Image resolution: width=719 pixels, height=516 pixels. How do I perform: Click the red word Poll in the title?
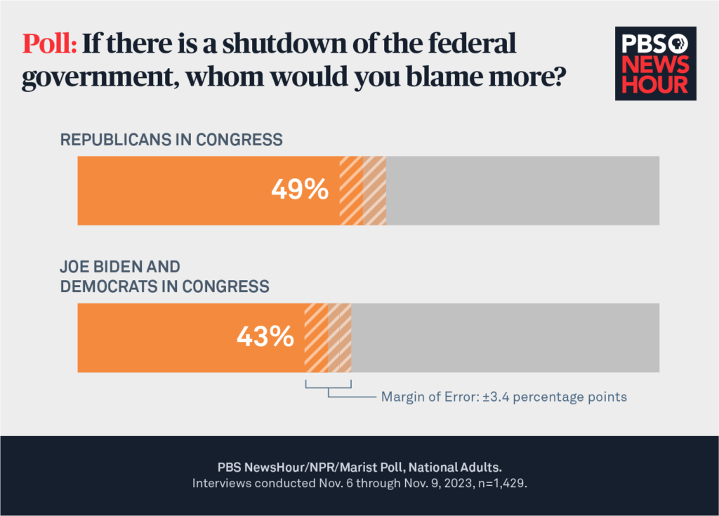pyautogui.click(x=49, y=45)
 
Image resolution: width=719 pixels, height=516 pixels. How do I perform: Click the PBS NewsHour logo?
pyautogui.click(x=655, y=64)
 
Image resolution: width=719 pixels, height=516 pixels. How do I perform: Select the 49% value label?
pyautogui.click(x=300, y=190)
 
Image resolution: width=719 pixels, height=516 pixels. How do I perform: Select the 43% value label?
pyautogui.click(x=265, y=338)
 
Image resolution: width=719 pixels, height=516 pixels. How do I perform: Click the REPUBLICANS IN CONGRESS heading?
pyautogui.click(x=171, y=140)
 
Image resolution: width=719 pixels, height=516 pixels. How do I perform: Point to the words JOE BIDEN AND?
pyautogui.click(x=120, y=267)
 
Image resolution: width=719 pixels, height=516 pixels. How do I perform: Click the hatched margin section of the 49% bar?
pyautogui.click(x=363, y=190)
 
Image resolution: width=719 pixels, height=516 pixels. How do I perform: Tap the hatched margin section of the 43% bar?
pyautogui.click(x=327, y=338)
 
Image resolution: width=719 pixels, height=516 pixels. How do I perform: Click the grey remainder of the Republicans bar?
pyautogui.click(x=522, y=190)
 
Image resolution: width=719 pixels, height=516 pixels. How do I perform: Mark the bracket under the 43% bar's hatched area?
pyautogui.click(x=328, y=386)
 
